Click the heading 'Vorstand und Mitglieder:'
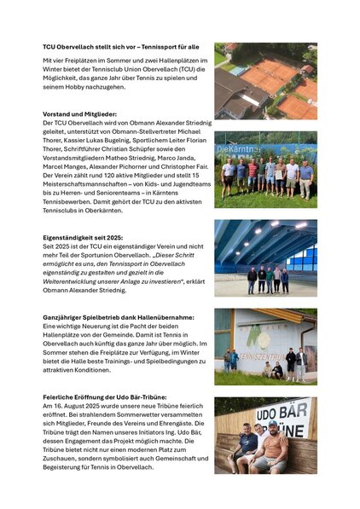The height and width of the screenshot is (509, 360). point(80,113)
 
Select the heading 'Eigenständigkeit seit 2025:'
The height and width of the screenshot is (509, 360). point(83,238)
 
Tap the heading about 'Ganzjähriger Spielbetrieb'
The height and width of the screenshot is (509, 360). point(119,317)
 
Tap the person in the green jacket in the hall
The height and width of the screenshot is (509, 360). point(270,277)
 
